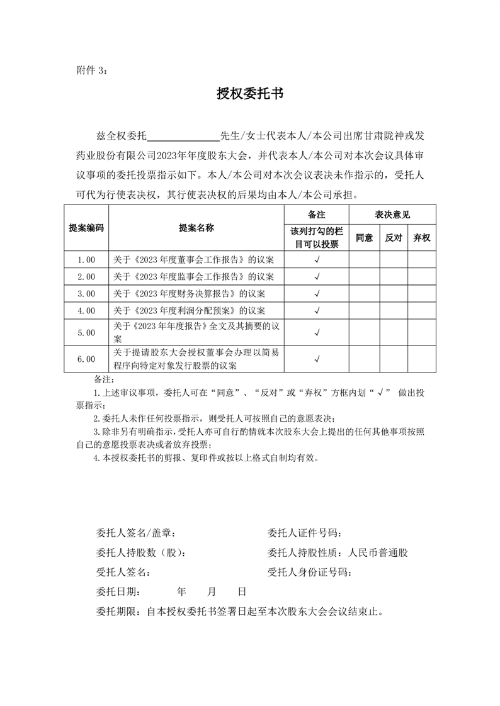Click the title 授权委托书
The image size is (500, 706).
pos(250,94)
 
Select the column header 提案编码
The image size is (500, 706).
pos(86,228)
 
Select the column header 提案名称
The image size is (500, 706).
pos(196,228)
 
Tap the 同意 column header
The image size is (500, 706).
pos(364,238)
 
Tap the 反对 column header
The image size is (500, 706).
pos(394,238)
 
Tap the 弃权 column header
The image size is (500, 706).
pos(422,238)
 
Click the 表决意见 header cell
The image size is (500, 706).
pos(392,215)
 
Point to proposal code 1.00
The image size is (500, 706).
pos(86,259)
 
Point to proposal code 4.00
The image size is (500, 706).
pos(86,310)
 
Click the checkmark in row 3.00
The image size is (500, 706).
pos(317,293)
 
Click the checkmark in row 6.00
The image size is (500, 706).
pos(317,359)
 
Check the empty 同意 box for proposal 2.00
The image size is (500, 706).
pos(364,276)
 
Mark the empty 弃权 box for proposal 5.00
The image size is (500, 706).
pos(422,332)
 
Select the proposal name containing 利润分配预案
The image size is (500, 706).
pos(189,310)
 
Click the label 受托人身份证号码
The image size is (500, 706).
pos(309,572)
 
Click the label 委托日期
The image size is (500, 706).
pos(118,591)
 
